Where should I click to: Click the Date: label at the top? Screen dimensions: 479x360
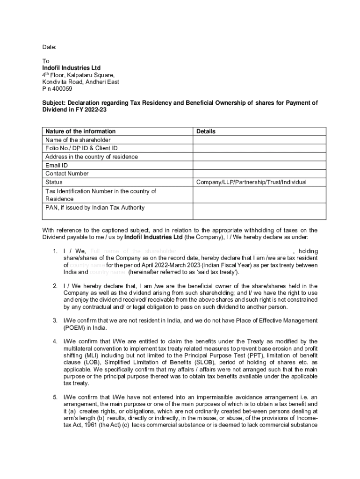pos(49,47)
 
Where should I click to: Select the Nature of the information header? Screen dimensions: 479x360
pos(80,131)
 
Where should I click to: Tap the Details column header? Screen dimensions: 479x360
pos(206,131)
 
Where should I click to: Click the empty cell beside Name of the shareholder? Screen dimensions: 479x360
pos(259,140)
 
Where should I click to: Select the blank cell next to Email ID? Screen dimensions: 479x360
pos(259,165)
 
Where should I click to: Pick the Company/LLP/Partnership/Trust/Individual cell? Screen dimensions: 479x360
pos(251,182)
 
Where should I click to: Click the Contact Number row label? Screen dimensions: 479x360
pos(67,174)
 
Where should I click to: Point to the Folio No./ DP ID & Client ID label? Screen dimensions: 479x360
pos(81,148)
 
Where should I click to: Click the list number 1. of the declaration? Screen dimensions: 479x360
pos(56,251)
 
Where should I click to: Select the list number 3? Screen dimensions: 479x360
pos(55,320)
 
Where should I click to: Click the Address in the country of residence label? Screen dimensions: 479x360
pos(91,157)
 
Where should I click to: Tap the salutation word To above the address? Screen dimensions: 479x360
pos(46,61)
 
